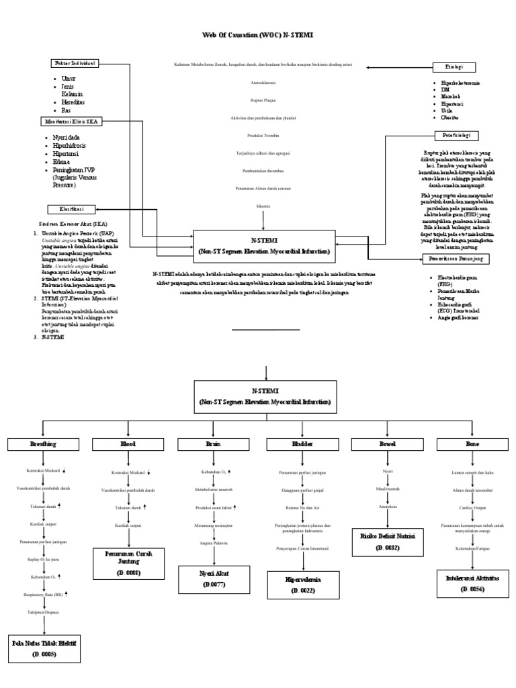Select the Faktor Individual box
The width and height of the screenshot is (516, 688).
75,63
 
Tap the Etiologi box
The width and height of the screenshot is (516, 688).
454,67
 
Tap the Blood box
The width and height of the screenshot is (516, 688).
128,444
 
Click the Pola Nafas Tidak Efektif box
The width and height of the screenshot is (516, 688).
43,648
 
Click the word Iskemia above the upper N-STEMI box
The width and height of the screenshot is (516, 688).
263,205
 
